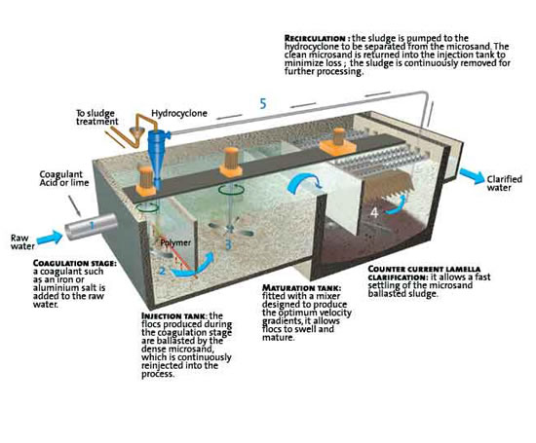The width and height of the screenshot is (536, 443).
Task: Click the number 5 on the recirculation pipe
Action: [x=261, y=101]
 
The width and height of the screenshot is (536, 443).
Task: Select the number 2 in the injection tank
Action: [x=162, y=271]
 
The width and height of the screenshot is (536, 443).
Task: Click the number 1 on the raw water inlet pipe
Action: [x=91, y=226]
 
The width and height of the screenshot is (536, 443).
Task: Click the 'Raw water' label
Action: [x=24, y=240]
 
